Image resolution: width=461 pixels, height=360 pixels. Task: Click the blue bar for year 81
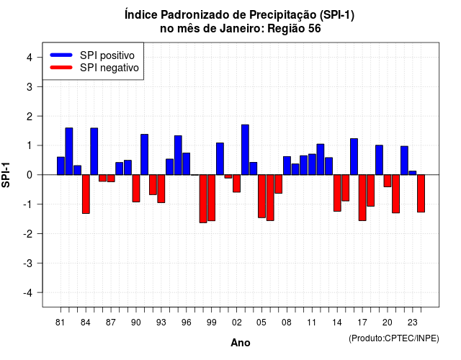tap(61, 166)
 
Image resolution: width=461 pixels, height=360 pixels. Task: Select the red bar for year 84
tap(86, 194)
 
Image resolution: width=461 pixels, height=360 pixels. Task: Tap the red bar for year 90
tap(136, 189)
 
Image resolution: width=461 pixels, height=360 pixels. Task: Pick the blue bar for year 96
tap(187, 164)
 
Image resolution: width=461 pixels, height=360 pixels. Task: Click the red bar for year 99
tap(211, 198)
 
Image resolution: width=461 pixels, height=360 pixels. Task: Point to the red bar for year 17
tap(362, 198)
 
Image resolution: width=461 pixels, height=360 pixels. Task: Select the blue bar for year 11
tap(312, 164)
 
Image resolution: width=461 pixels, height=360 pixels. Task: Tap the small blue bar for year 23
tap(413, 173)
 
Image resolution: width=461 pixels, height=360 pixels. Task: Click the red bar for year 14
tap(337, 193)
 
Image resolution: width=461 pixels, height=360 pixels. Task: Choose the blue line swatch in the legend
tap(61, 55)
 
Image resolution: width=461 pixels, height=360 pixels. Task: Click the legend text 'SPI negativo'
tap(109, 68)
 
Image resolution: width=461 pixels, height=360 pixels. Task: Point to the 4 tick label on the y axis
tap(30, 58)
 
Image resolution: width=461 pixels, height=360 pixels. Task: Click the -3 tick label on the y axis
tap(28, 264)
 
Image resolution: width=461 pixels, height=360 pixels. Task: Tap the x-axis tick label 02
tap(237, 323)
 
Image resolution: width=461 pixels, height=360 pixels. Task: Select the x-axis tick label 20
tap(388, 323)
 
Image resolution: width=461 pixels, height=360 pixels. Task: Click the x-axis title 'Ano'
tap(241, 343)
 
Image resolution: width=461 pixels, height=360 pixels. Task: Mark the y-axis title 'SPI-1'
tap(6, 175)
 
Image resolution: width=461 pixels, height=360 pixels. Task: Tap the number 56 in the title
tap(315, 29)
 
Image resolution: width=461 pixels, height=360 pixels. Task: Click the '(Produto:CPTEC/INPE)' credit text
tap(394, 338)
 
